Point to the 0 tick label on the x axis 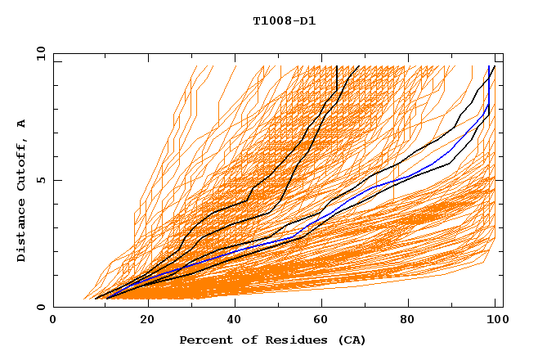pyautogui.click(x=53, y=322)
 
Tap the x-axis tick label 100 pyautogui.click(x=498, y=322)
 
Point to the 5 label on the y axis pyautogui.click(x=42, y=180)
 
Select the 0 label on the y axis pyautogui.click(x=42, y=307)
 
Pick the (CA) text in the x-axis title pyautogui.click(x=352, y=340)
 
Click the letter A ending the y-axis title pyautogui.click(x=21, y=124)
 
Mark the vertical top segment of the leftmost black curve pyautogui.click(x=337, y=78)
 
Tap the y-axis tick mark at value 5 pyautogui.click(x=56, y=180)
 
